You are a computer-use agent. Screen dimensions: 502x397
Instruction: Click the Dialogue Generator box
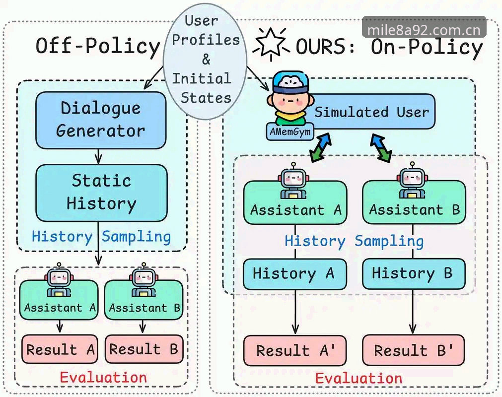101,120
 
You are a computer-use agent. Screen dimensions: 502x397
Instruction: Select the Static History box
101,193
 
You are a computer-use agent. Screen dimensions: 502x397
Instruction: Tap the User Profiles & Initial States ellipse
205,64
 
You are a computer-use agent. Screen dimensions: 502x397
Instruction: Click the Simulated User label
371,112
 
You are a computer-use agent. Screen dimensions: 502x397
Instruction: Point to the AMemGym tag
290,132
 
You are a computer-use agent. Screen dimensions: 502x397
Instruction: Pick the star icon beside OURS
271,44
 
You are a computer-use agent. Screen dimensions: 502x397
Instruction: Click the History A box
295,274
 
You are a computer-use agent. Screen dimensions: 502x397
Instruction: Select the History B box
413,274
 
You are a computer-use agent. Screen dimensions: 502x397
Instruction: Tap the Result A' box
295,350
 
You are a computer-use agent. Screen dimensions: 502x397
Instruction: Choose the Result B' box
413,350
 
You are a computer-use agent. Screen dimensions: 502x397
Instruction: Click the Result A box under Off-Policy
60,349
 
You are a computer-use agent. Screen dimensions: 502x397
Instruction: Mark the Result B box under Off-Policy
144,349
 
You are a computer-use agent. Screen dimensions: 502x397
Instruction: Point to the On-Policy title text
427,47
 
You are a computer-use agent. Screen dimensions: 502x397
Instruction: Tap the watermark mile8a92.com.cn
424,30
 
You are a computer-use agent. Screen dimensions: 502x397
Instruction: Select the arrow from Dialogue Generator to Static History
98,157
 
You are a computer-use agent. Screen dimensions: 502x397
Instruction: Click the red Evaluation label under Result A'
359,379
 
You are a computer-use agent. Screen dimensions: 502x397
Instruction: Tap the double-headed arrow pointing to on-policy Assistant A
321,147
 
